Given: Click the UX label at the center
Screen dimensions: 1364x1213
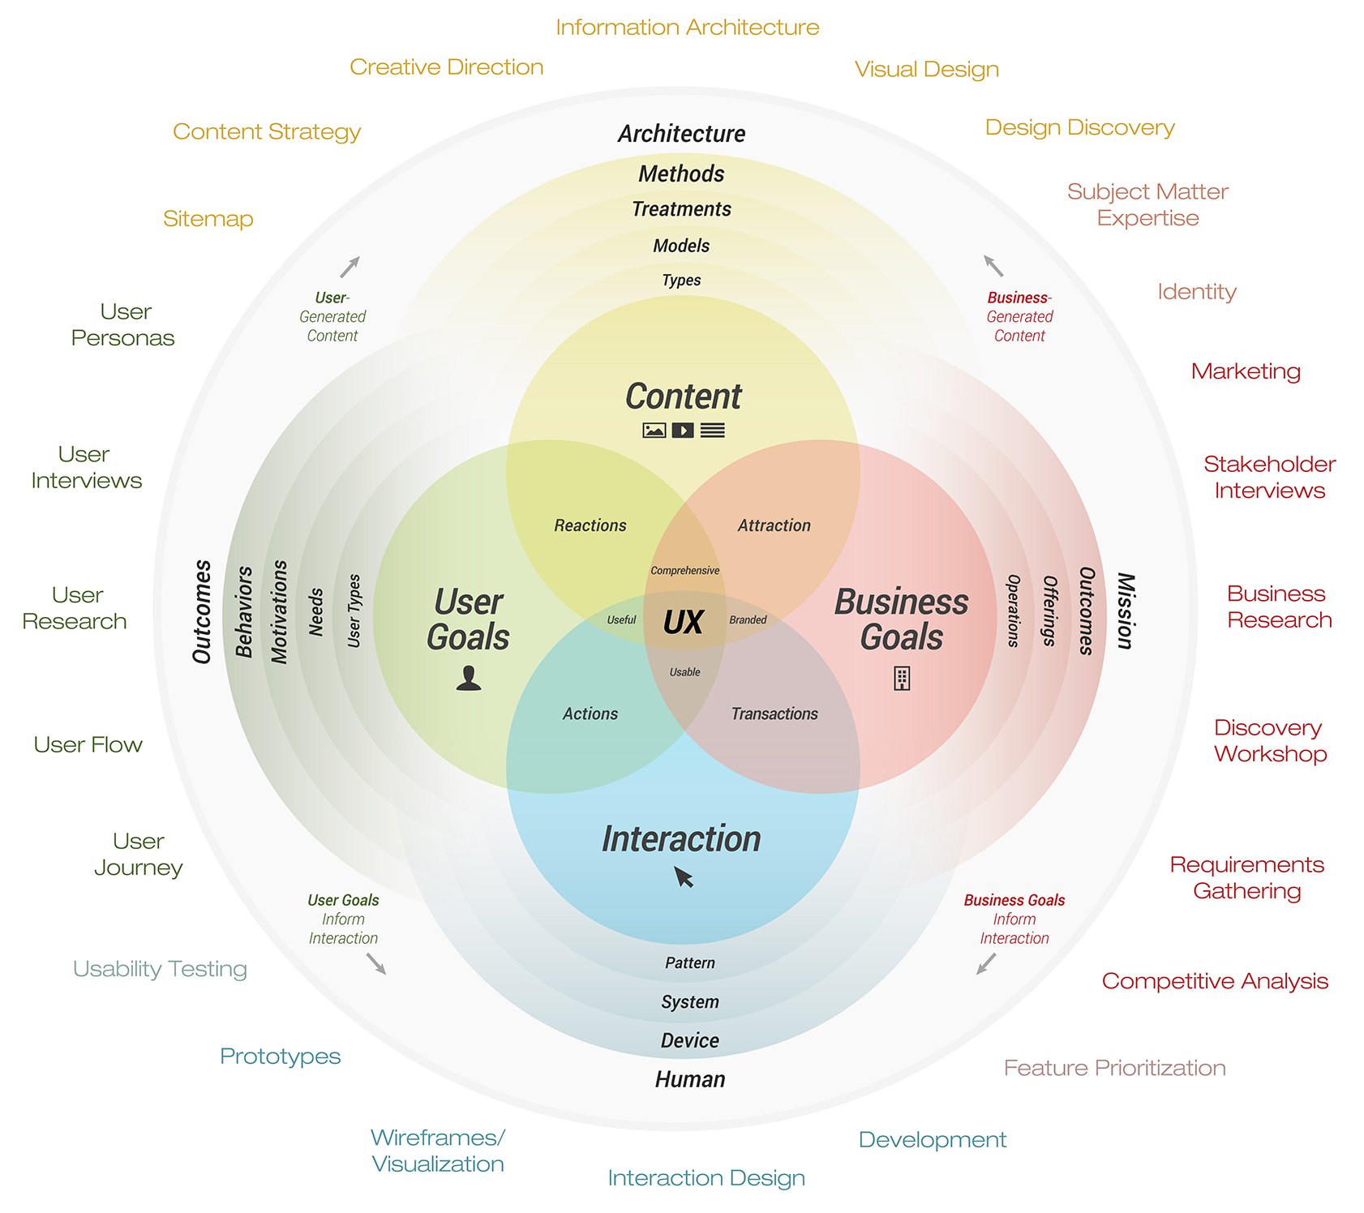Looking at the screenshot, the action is pos(683,623).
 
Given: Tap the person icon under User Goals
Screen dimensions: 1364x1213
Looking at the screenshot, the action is pos(469,678).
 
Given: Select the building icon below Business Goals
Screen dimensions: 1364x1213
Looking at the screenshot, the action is pos(902,678).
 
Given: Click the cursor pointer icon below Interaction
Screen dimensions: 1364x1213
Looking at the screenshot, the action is pos(684,877).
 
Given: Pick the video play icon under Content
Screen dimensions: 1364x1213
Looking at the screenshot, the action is pos(683,431).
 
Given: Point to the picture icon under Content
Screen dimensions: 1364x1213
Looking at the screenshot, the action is pos(654,431).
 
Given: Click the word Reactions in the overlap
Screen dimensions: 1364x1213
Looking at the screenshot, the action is pos(590,525).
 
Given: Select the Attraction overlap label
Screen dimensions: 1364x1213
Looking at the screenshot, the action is pos(774,525).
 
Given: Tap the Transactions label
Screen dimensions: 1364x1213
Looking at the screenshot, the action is pos(774,714).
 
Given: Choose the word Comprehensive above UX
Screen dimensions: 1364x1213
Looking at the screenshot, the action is pos(685,571).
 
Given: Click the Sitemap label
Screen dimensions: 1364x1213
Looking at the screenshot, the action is pos(208,219).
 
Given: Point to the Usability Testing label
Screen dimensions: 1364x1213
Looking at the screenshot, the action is pos(160,969).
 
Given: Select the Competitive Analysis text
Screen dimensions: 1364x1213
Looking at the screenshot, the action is pos(1215,981).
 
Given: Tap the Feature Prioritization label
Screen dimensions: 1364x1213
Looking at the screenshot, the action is pos(1115,1068).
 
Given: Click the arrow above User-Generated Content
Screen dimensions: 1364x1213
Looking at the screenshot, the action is pos(350,267).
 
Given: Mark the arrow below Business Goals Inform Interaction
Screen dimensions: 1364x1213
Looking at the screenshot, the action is pos(986,964).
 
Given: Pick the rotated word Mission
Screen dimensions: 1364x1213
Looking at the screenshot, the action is pos(1126,611).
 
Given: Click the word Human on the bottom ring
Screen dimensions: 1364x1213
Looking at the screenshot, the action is pos(690,1080).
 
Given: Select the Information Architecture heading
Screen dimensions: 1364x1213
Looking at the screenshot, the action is pos(688,28).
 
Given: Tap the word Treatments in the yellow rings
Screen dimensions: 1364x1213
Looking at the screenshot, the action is pos(681,209).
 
